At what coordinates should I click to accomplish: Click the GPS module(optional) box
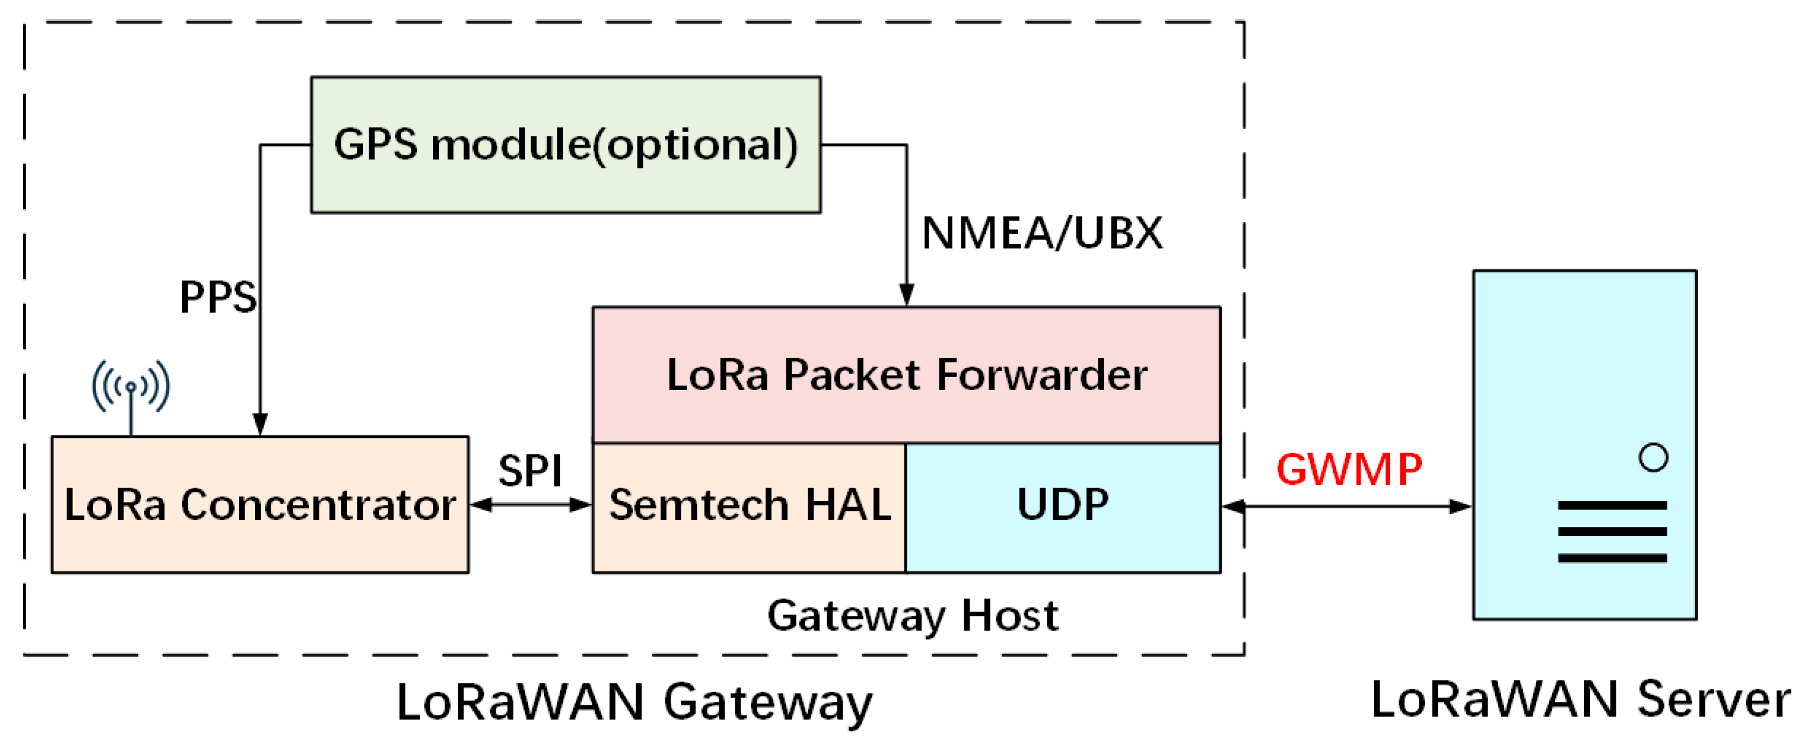coord(565,145)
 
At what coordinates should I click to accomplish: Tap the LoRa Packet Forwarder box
coord(906,375)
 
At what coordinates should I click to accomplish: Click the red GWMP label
coord(1349,469)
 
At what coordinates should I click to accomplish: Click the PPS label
coord(218,297)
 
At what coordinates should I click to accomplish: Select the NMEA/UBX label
coord(1042,233)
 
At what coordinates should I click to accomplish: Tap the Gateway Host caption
coord(913,616)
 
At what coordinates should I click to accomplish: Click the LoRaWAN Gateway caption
coord(634,702)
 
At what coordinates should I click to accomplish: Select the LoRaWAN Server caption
coord(1580,699)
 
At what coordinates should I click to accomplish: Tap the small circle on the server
coord(1653,458)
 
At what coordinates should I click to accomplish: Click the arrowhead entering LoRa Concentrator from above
coord(260,424)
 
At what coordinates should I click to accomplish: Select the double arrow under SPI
coord(530,504)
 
